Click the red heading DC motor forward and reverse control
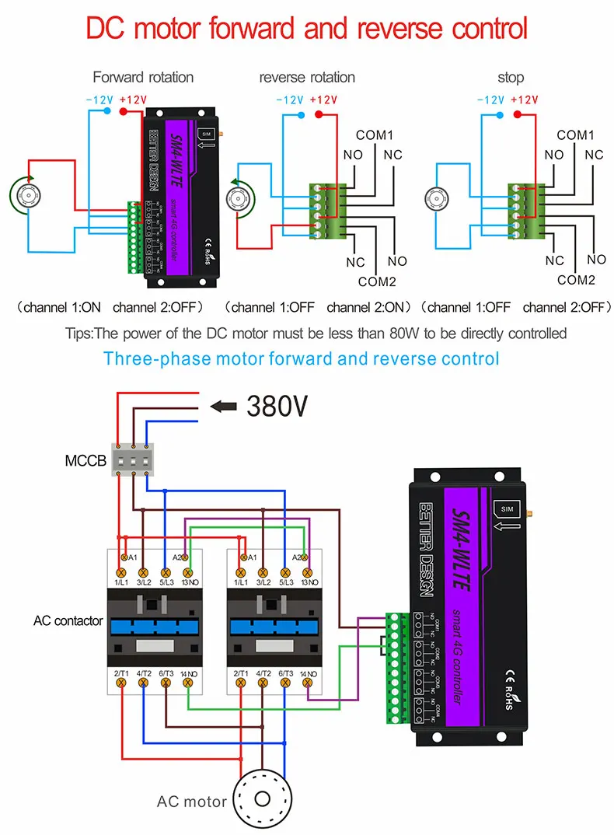tap(306, 29)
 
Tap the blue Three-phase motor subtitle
tap(301, 358)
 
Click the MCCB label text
tap(85, 462)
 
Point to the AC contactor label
tap(68, 621)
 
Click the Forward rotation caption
tap(143, 77)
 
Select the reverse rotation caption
tap(307, 77)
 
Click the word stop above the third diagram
tap(511, 77)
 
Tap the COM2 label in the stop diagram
tap(576, 280)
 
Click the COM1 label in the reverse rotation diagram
tap(375, 135)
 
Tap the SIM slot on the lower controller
tap(508, 508)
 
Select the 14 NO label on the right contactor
tap(310, 673)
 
